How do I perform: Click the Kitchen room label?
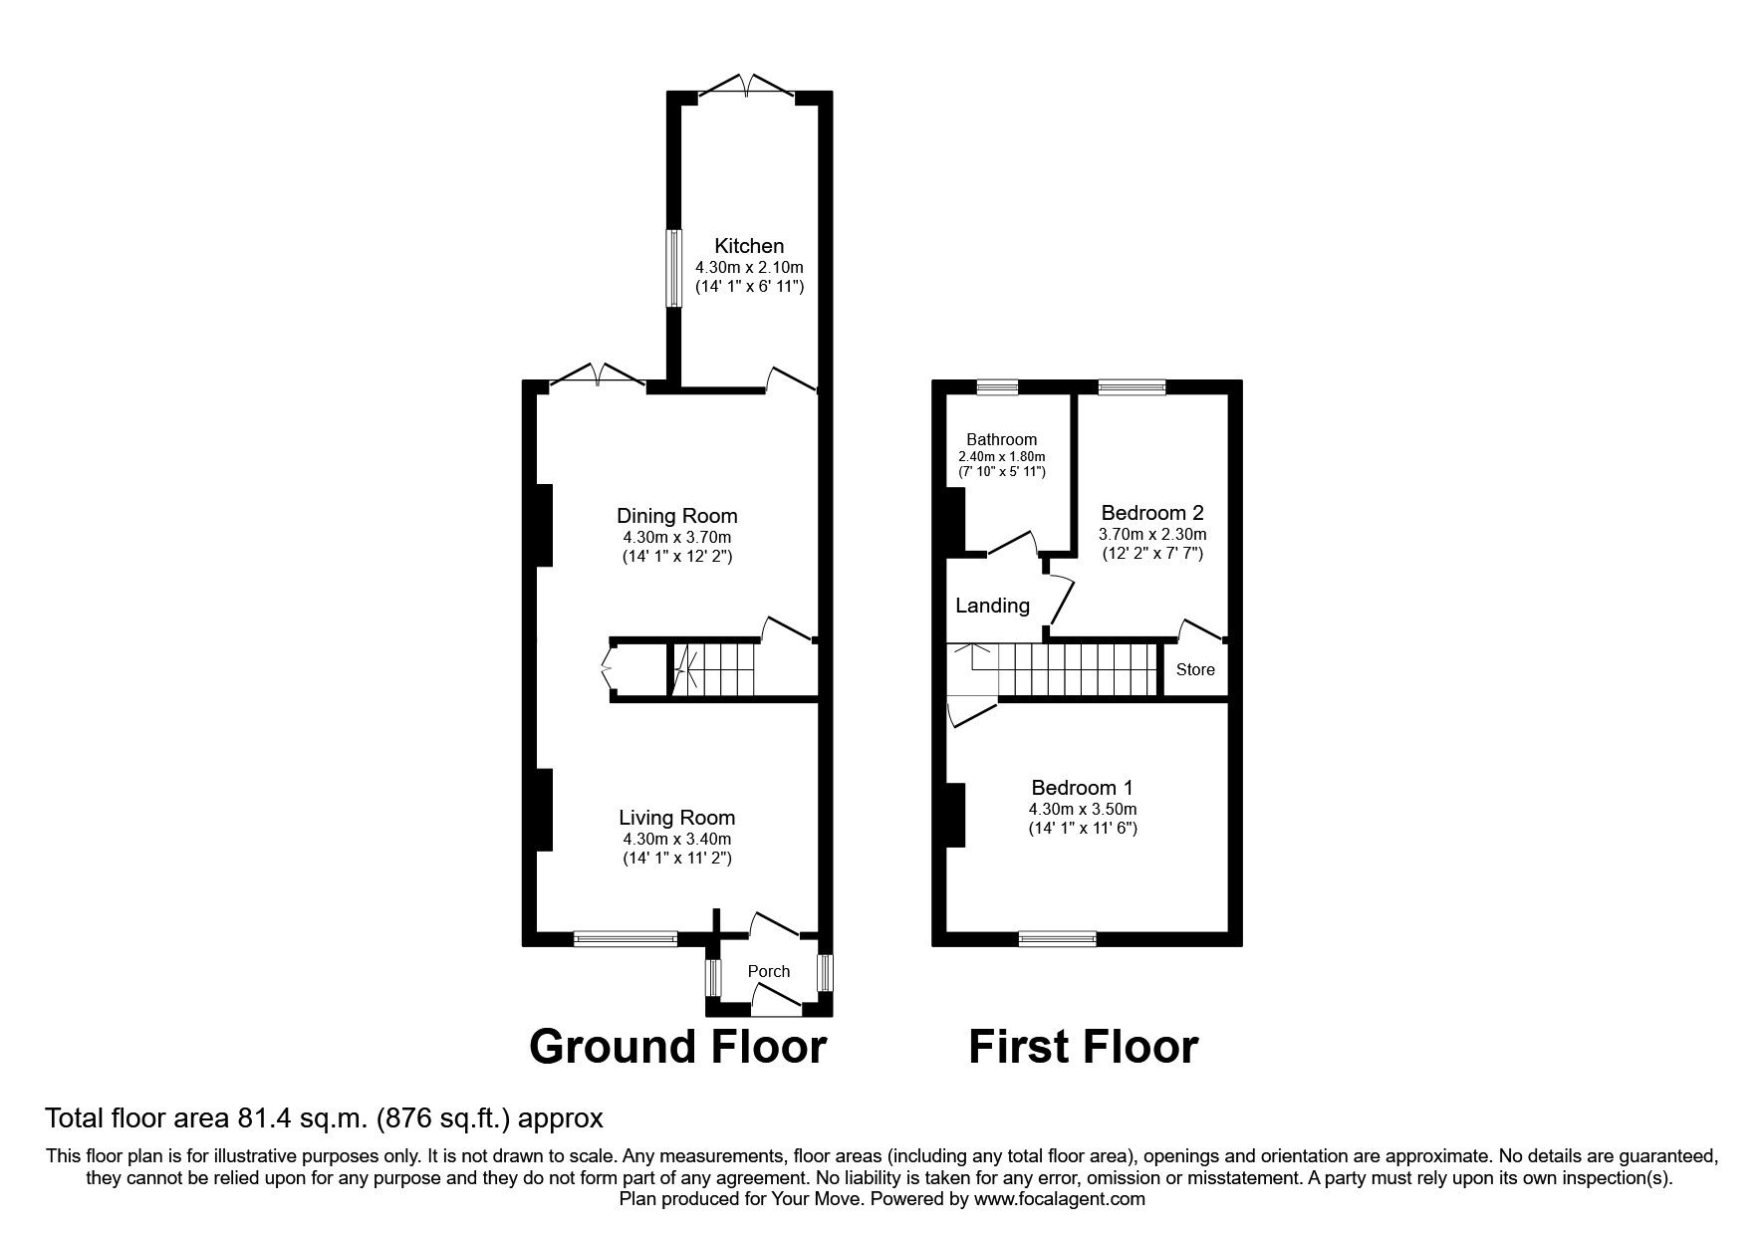pos(749,245)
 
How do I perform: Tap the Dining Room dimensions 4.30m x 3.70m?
pos(676,537)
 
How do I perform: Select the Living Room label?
pos(676,817)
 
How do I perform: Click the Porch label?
pos(768,971)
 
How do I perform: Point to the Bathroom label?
pos(1001,439)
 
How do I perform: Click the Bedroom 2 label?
pos(1151,513)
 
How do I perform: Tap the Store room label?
pos(1194,669)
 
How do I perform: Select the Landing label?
pos(991,606)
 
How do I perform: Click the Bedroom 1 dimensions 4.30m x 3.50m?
pos(1083,809)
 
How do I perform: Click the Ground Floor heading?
pos(677,1047)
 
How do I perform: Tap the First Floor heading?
pos(1083,1047)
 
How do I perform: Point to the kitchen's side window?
pos(673,268)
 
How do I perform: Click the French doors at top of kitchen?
pos(746,88)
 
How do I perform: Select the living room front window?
pos(626,937)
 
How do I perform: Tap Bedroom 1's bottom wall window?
pos(1057,937)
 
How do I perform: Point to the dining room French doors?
pos(597,377)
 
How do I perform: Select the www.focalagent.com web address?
pos(1059,1199)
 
